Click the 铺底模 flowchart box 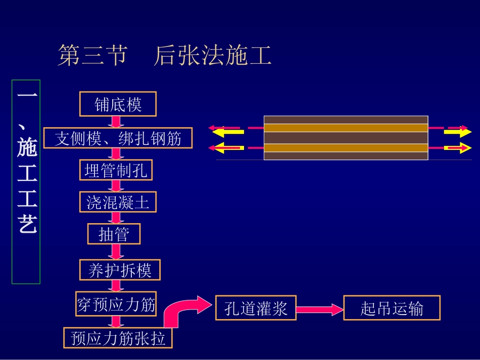tap(118, 104)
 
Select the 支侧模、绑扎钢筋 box tap(118, 137)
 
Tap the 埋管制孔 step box tap(116, 170)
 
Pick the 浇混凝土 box tap(118, 202)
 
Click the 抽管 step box tap(114, 234)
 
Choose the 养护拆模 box tap(120, 270)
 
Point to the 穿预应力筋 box tap(116, 305)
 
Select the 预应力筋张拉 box tap(118, 338)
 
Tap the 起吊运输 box tap(392, 308)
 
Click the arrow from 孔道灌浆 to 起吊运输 tap(319, 308)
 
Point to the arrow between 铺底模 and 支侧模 tap(116, 122)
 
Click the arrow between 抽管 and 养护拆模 tap(116, 250)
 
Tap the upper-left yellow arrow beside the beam tap(228, 133)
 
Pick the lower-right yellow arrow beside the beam tap(457, 148)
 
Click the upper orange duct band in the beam tap(346, 128)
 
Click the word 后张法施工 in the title tap(213, 56)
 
